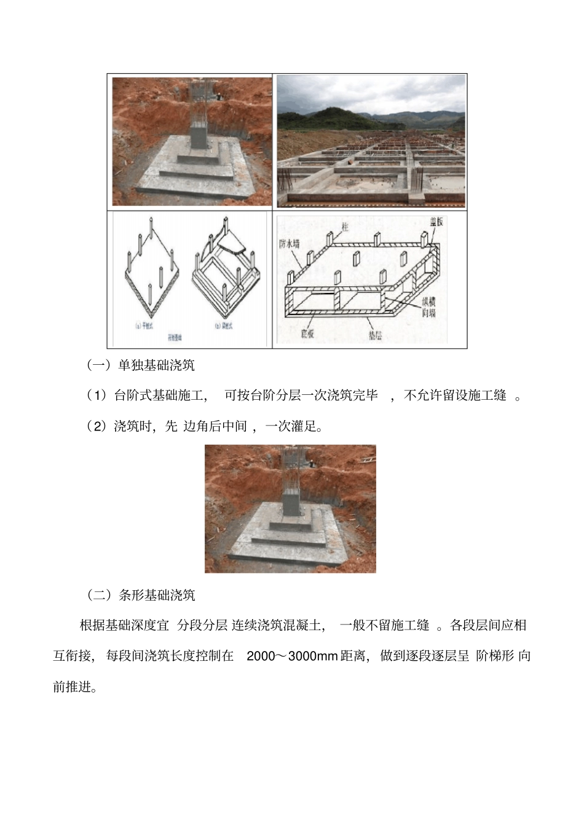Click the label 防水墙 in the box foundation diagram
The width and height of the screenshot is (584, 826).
[x=290, y=244]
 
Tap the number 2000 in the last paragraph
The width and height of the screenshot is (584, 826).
[x=259, y=656]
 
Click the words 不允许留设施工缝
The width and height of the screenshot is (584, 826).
[x=455, y=395]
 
